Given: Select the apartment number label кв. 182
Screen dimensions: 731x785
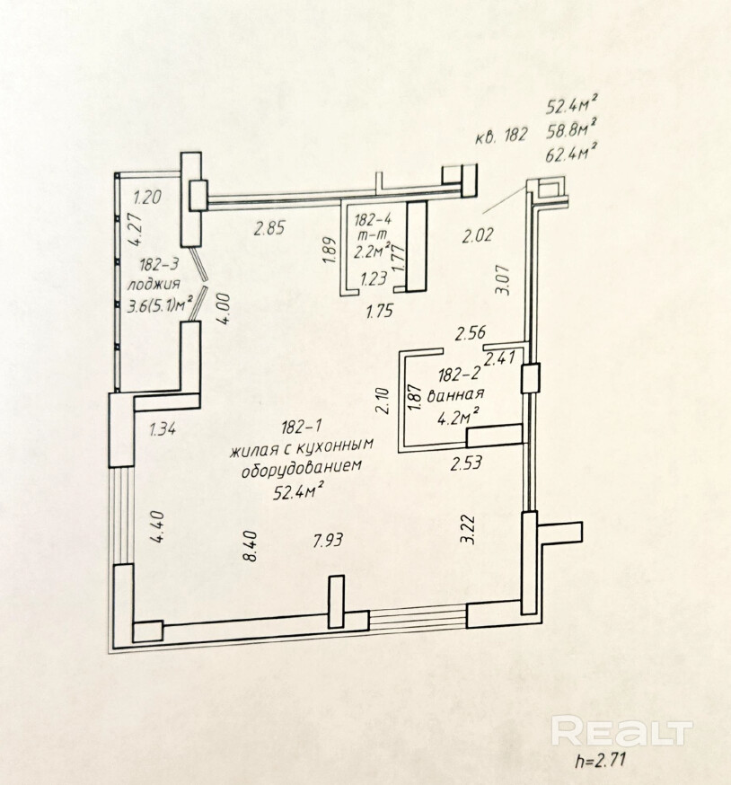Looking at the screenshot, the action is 500,137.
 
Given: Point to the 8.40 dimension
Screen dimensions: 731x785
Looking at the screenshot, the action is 251,544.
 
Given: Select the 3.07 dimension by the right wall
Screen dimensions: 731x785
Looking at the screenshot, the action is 502,278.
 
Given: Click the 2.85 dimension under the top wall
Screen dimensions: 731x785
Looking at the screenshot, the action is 269,228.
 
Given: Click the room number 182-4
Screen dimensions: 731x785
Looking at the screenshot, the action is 372,218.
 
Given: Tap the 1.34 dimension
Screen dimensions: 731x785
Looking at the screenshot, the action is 162,428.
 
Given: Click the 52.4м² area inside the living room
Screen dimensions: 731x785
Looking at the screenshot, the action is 297,489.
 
